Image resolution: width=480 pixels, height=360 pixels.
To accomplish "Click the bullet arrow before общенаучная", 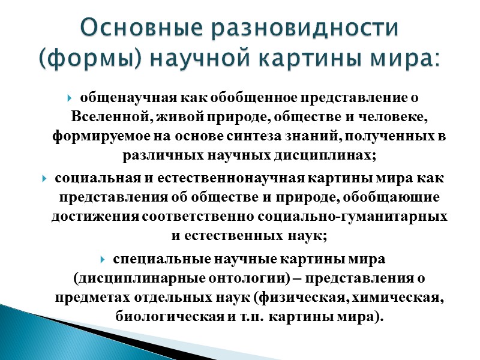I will click(71, 96).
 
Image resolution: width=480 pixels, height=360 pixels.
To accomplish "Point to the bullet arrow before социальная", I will click(46, 179).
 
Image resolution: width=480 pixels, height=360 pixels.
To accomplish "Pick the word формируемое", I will click(96, 136).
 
